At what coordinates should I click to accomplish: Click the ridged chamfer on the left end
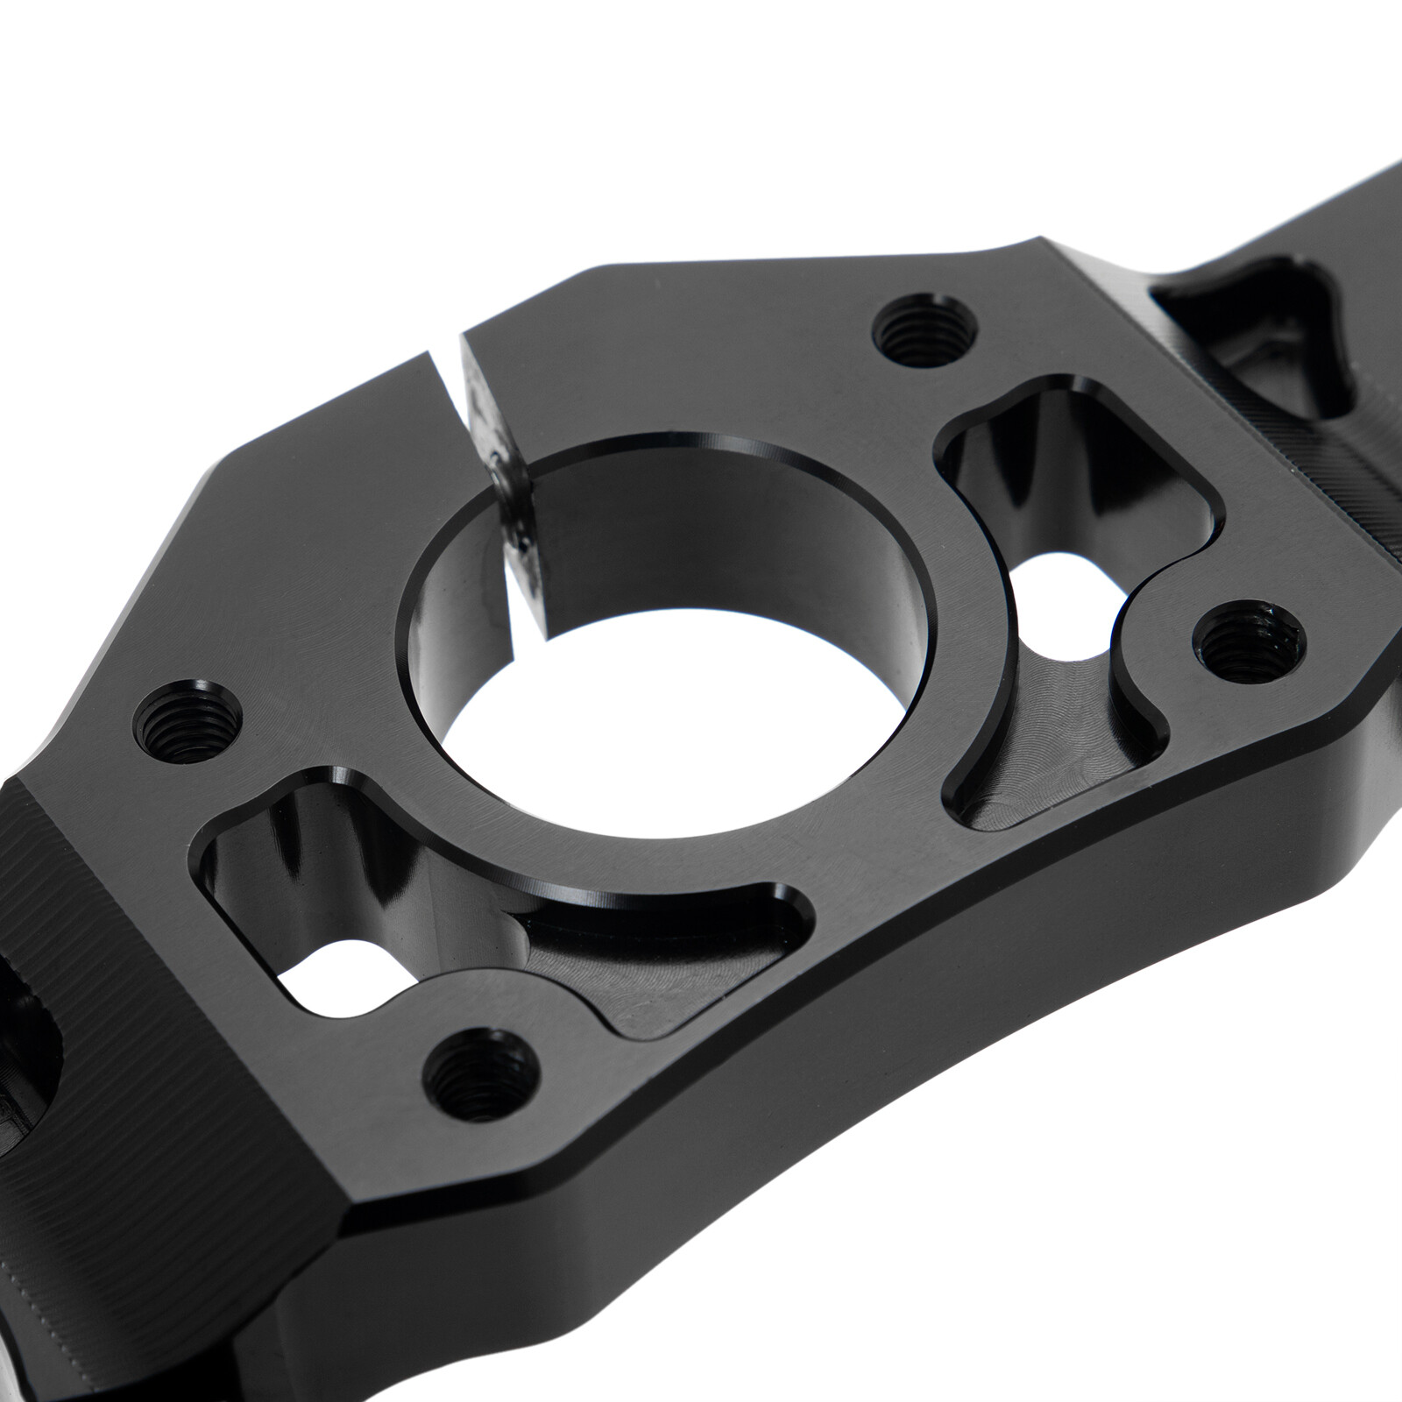pos(53,876)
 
